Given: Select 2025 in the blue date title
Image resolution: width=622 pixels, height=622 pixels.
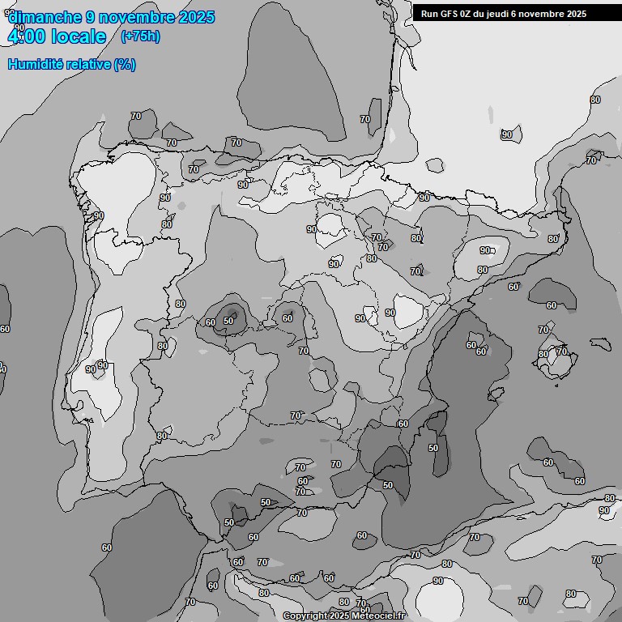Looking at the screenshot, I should [x=195, y=17].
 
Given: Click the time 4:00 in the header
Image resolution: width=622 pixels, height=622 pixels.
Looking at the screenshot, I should [x=28, y=36].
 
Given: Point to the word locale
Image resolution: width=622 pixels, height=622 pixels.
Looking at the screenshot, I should [x=79, y=36].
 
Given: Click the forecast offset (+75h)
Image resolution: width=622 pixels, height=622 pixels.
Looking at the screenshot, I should [x=140, y=36].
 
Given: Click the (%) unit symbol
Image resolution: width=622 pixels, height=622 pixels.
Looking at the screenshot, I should [x=125, y=64].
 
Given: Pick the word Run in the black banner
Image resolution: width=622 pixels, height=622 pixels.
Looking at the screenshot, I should [x=429, y=14].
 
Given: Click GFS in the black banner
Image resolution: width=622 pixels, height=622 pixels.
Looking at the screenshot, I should [x=450, y=14].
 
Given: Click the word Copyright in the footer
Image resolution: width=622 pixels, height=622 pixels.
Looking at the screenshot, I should [x=305, y=616].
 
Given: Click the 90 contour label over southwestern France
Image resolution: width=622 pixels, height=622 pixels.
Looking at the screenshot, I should [x=507, y=134].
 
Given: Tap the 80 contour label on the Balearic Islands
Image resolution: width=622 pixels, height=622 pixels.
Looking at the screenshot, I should [x=543, y=354].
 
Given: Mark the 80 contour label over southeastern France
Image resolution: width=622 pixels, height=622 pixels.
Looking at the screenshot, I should [x=595, y=100].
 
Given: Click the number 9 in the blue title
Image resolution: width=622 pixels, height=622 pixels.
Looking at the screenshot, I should [x=91, y=17].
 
